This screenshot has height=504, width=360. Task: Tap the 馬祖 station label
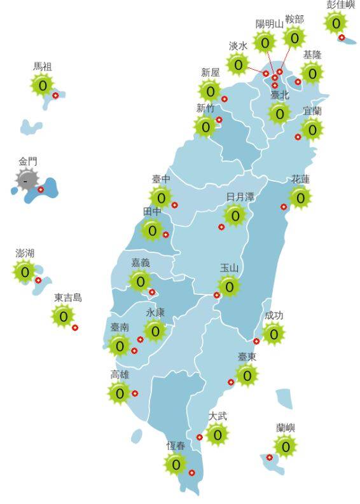click(43, 66)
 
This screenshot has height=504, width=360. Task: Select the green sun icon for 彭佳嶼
click(335, 23)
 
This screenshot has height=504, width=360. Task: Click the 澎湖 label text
click(25, 253)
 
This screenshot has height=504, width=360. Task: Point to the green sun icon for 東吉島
click(63, 315)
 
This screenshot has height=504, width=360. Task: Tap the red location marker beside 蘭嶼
click(270, 457)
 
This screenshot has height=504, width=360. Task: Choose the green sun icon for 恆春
click(176, 464)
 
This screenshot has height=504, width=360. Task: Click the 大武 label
click(218, 416)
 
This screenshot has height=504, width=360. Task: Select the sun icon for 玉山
click(230, 287)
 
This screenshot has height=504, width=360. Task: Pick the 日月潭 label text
click(240, 197)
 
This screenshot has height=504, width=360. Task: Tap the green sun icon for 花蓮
click(300, 198)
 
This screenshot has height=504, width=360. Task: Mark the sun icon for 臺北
click(279, 113)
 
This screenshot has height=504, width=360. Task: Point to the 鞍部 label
click(294, 20)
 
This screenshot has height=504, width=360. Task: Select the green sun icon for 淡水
click(239, 64)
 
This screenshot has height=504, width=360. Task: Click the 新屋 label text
click(210, 72)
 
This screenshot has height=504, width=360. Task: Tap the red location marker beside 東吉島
click(75, 327)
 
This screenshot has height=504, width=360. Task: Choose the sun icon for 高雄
click(120, 393)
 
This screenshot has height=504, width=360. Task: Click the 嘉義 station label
click(140, 262)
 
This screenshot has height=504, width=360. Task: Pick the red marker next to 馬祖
click(55, 96)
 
